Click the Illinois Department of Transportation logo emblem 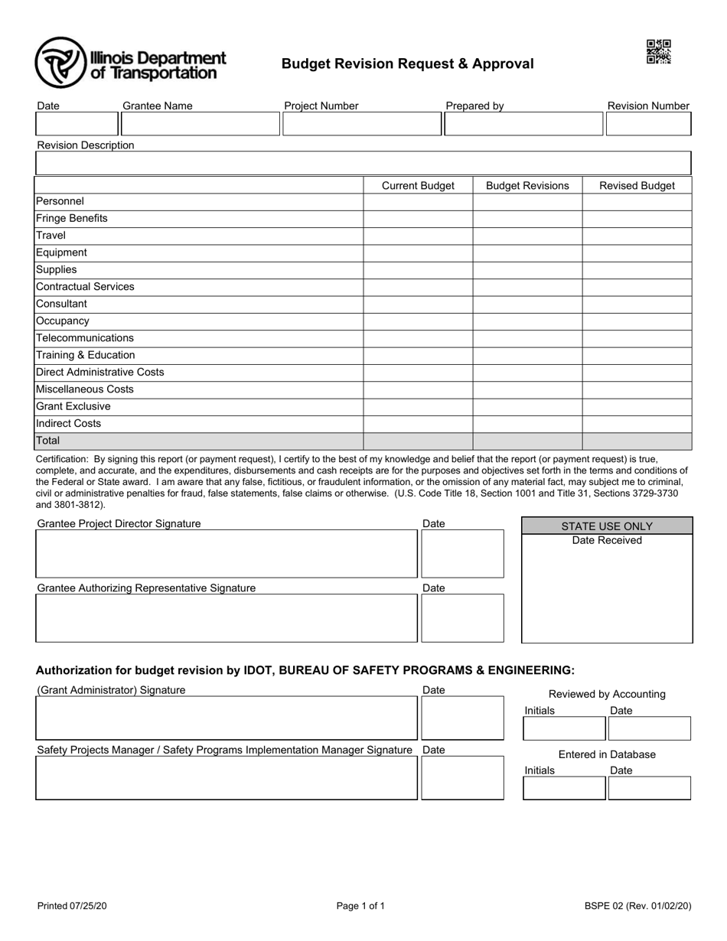pos(60,63)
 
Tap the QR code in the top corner pos(658,52)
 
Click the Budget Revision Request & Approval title pos(407,64)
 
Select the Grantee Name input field pos(200,124)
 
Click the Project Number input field pos(361,124)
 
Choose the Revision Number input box pos(648,124)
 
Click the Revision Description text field pos(363,163)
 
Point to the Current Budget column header pos(418,186)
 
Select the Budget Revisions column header pos(527,186)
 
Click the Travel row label pos(51,236)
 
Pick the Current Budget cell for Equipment pos(418,252)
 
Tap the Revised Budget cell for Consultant pos(637,304)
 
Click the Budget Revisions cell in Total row pos(527,441)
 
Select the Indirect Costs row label pos(69,423)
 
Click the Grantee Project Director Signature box pos(227,553)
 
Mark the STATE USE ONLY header pos(607,526)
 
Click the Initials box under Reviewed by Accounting pos(564,728)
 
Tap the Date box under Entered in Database pos(649,788)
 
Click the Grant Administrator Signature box pos(227,718)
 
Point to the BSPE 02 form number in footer pos(637,907)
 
